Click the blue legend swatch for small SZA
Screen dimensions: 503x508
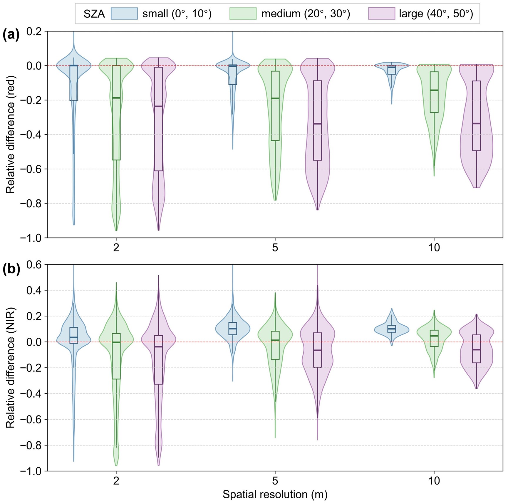[124, 14]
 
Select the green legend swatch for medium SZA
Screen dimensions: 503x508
[243, 14]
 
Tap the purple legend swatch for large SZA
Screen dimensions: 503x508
[381, 14]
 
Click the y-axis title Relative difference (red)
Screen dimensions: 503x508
[10, 134]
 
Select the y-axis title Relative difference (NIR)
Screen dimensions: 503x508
[10, 368]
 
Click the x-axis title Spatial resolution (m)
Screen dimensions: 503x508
[275, 494]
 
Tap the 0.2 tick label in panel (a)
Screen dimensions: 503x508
[34, 31]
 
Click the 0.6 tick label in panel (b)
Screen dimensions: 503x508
[34, 265]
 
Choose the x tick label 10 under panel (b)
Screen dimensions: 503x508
[434, 481]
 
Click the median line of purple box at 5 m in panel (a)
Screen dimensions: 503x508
[317, 124]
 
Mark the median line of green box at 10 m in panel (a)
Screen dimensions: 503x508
[434, 90]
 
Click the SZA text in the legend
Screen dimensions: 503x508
[94, 14]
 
